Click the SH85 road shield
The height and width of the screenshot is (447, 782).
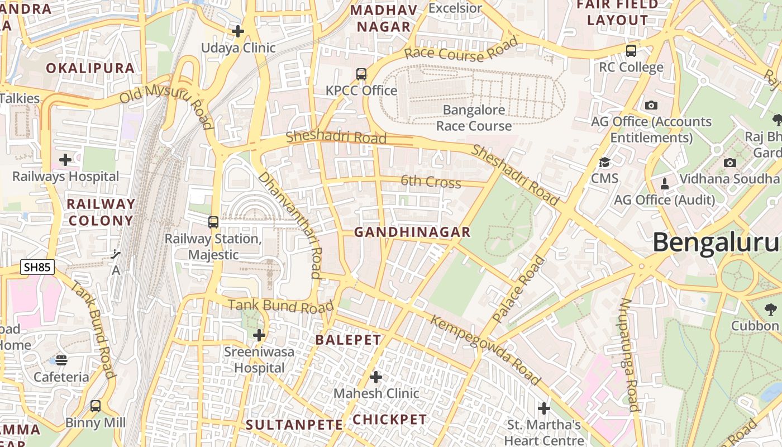tap(38, 267)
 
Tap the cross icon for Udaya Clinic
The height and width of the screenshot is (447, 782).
tap(238, 31)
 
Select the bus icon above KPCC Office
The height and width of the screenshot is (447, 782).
tap(361, 74)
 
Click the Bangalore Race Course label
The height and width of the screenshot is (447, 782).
tap(474, 118)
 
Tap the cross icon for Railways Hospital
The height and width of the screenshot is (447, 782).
tap(65, 160)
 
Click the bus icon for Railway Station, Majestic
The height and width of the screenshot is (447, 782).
tap(213, 222)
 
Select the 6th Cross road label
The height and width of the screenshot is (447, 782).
tap(431, 182)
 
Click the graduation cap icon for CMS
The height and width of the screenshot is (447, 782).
tap(604, 163)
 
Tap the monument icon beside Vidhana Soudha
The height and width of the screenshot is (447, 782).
tap(665, 183)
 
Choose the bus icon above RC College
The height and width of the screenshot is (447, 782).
tap(631, 51)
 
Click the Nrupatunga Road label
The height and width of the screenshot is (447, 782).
tap(629, 355)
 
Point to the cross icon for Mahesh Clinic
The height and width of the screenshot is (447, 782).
tap(376, 377)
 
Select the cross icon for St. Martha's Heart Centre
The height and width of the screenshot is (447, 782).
tap(544, 408)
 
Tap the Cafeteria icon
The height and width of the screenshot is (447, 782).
tap(61, 360)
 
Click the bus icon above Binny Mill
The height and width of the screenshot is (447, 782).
tap(96, 406)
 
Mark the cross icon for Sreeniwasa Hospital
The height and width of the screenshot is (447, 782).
tap(259, 336)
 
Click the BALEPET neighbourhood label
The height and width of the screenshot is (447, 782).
tap(348, 340)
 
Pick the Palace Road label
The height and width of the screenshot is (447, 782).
tap(518, 289)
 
